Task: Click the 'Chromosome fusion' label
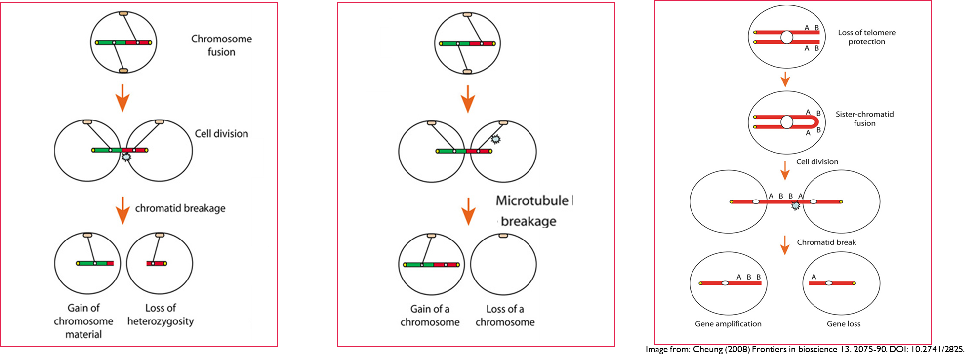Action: click(221, 45)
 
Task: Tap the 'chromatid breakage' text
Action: click(180, 208)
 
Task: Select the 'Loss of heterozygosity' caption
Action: click(161, 315)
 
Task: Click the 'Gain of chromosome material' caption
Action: click(83, 321)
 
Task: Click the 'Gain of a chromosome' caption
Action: click(430, 316)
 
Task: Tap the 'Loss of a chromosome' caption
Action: click(505, 316)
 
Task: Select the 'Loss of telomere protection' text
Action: click(866, 37)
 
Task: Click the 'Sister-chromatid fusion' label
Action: click(864, 119)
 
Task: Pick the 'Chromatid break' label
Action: click(826, 242)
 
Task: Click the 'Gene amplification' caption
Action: click(728, 324)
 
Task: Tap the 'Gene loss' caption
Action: click(844, 324)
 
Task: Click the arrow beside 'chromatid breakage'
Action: click(122, 210)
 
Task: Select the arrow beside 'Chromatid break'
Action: click(785, 244)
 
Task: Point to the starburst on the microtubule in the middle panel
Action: click(495, 139)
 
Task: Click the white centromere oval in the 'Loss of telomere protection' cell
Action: click(787, 37)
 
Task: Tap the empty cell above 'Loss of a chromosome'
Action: click(503, 265)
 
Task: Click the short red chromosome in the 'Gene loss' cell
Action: click(832, 283)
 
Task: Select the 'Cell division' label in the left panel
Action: click(221, 134)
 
